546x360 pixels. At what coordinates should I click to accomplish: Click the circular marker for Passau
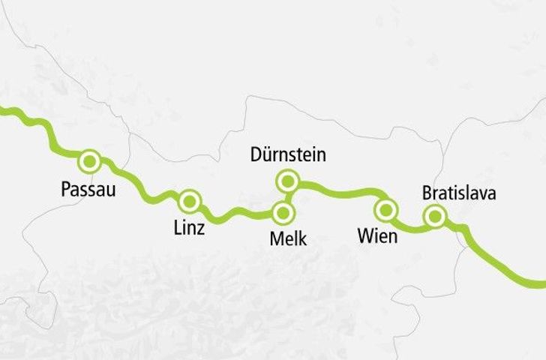(90, 160)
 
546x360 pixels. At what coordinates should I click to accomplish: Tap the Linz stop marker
(190, 200)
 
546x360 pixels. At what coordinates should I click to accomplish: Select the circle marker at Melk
(283, 214)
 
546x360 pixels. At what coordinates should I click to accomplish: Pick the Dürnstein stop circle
(287, 181)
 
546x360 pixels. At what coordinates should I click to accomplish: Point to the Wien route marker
(386, 209)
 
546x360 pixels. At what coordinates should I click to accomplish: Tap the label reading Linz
(188, 229)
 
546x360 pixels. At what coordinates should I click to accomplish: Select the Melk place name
(288, 239)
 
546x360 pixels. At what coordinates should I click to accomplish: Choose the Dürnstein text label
(288, 156)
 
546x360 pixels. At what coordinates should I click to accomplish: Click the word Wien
(378, 236)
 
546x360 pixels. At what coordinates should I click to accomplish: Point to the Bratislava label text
(459, 193)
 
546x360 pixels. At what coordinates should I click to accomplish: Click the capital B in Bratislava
(427, 193)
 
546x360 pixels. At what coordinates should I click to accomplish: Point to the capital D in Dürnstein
(255, 156)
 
